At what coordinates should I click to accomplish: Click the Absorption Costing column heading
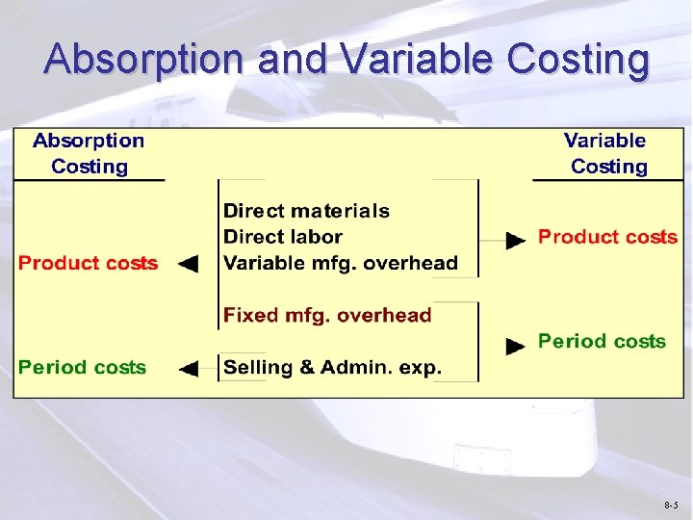point(89,153)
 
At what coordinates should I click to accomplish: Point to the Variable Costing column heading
point(605,153)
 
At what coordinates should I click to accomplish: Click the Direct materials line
point(306,211)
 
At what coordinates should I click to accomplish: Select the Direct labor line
point(282,237)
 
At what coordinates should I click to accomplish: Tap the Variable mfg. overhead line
point(340,263)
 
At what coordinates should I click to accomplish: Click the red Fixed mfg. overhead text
point(327,315)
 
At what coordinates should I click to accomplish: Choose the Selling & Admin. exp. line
point(332,367)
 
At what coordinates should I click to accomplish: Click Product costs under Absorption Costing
point(88,263)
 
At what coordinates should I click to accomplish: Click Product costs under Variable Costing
point(607,237)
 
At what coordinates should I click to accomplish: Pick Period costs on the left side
point(83,367)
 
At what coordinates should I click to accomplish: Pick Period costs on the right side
point(602,341)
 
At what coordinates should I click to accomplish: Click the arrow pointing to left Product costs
point(189,264)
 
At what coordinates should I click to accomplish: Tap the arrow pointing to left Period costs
point(189,368)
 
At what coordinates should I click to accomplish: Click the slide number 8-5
point(670,505)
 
